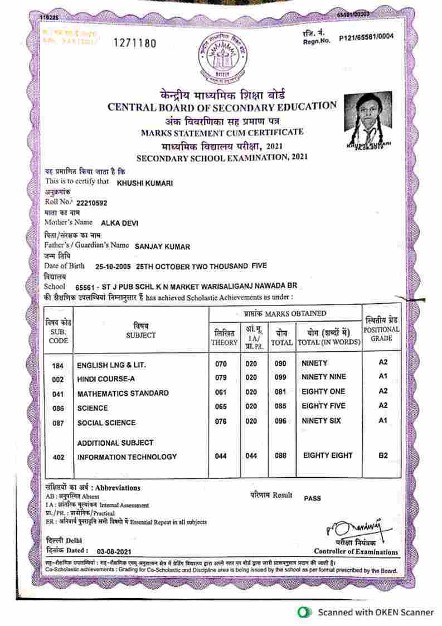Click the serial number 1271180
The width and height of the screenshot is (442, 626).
tap(135, 43)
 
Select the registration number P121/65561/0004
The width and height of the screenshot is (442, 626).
tap(366, 37)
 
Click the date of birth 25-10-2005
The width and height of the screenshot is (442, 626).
tap(113, 266)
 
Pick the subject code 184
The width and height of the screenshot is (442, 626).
tap(57, 365)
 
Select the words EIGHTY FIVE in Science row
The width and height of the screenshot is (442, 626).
tap(323, 406)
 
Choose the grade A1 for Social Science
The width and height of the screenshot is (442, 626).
tap(382, 420)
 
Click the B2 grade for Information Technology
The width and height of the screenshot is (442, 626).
tap(383, 456)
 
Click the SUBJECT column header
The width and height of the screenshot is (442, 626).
tap(140, 331)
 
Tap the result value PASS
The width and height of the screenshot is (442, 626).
tap(312, 498)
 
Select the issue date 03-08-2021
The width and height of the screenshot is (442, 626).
tap(114, 551)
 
